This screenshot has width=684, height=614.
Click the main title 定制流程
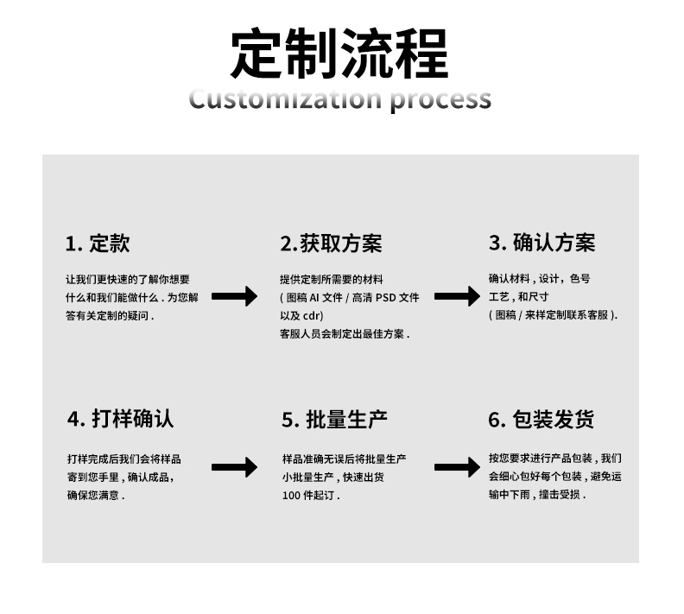pos(339,54)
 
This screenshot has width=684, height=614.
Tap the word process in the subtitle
pos(440,99)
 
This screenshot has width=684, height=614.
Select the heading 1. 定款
pos(98,244)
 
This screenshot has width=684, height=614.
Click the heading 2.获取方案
pos(331,244)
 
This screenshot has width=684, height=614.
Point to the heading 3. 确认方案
pos(541,243)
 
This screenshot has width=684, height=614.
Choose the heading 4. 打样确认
pos(120,419)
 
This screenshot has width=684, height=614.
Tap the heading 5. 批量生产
pos(334,420)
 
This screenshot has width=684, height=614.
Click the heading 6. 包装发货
pos(541,420)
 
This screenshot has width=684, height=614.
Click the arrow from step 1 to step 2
pos(234,297)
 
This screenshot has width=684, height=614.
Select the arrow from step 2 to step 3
pos(456,297)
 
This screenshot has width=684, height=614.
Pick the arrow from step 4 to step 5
pos(234,468)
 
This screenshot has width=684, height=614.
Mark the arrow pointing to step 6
pos(456,468)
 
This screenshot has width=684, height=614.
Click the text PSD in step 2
pos(387,298)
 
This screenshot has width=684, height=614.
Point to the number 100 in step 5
pos(290,496)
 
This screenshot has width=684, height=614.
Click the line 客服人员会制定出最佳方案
pos(344,333)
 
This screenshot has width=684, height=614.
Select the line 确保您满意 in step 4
pos(95,496)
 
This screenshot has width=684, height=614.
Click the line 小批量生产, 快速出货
pos(332,477)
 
